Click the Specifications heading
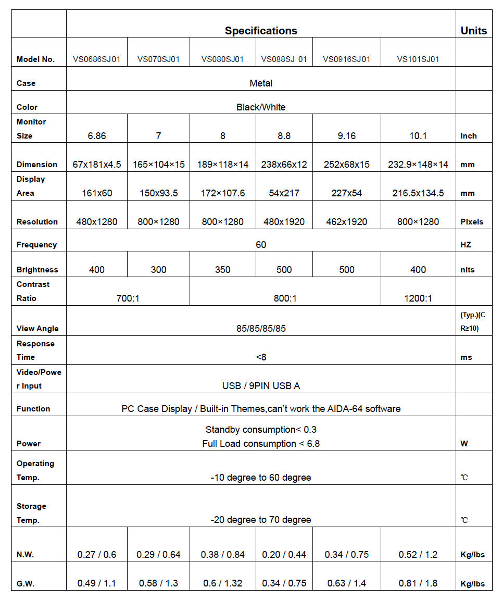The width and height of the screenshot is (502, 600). tap(261, 31)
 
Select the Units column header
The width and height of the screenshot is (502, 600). tap(473, 31)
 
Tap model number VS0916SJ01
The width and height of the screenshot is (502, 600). tap(346, 59)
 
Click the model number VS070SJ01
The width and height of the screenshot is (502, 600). tap(158, 59)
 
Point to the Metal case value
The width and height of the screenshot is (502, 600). tap(261, 83)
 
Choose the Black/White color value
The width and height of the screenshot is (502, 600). tap(261, 107)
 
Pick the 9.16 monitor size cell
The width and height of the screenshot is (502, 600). tap(346, 136)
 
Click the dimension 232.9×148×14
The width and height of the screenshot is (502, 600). tap(418, 165)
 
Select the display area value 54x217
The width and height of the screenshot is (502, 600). tap(284, 193)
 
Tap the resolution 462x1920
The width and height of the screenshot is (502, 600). tap(346, 222)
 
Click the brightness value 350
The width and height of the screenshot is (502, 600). tap(223, 270)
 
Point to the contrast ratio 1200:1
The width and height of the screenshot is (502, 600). tap(418, 298)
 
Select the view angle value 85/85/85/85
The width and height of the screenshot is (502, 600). tap(261, 329)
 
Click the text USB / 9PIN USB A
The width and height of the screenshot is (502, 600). tap(261, 386)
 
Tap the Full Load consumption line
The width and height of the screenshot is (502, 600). tap(261, 444)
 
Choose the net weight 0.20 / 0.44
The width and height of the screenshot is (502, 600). tap(284, 555)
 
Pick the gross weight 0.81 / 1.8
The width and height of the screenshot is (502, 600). tap(418, 583)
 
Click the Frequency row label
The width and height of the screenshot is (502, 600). tap(36, 245)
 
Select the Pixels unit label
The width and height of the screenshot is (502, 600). tap(472, 222)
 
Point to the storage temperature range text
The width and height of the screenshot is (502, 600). tap(261, 520)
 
